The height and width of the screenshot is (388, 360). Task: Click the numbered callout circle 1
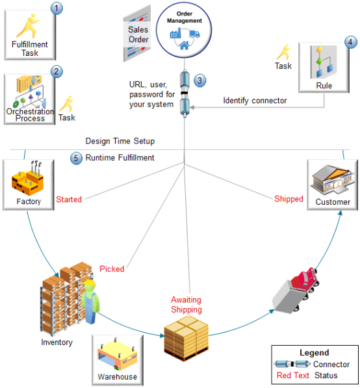(x=58, y=8)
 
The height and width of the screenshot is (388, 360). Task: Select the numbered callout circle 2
(x=57, y=72)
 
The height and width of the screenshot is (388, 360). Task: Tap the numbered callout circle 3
(x=200, y=81)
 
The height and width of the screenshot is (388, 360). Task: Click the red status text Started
(x=69, y=200)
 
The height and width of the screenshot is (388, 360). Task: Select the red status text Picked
(x=112, y=268)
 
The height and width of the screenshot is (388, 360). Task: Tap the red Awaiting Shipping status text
(x=186, y=304)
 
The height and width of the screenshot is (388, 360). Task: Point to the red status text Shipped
(x=289, y=199)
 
